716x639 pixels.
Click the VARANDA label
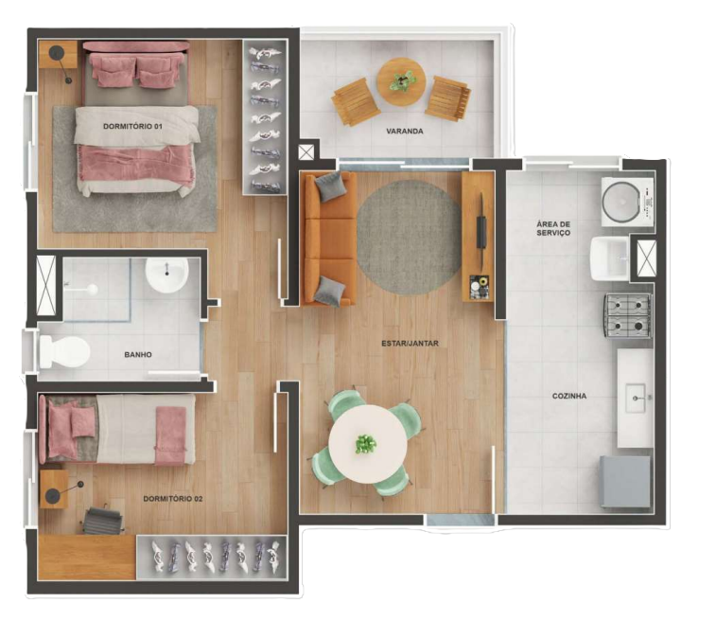(x=405, y=132)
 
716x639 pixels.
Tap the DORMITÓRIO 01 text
(x=132, y=126)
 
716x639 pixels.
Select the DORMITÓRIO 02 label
(x=172, y=499)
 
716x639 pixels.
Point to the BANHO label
(x=138, y=355)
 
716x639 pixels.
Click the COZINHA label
(x=569, y=397)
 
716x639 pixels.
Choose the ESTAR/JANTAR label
(x=410, y=344)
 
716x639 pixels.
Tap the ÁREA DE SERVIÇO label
(x=553, y=228)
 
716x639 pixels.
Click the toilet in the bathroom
(x=64, y=352)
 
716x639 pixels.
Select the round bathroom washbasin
(x=166, y=275)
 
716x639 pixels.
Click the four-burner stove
(x=628, y=316)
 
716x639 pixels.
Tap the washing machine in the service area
(x=627, y=202)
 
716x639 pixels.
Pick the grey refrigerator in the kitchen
(x=624, y=482)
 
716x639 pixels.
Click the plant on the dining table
(x=366, y=444)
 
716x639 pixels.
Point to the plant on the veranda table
(x=403, y=80)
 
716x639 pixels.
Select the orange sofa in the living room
(x=330, y=240)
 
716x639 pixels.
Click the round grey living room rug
(x=409, y=238)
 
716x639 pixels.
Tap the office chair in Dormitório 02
(x=104, y=520)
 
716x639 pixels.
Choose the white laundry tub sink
(x=610, y=258)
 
